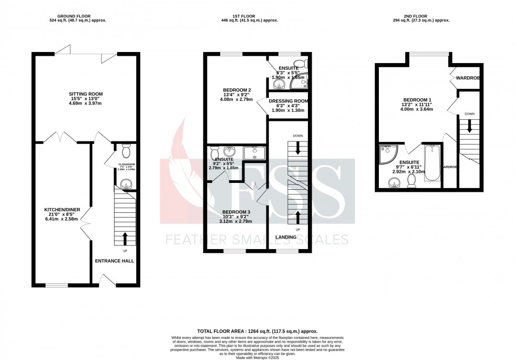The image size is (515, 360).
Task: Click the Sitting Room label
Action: click(87, 94)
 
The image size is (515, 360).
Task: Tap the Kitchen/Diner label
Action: click(62, 210)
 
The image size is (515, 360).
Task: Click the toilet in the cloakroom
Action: click(125, 151)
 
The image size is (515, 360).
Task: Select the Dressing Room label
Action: click(288, 101)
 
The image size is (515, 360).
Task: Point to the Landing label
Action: click(286, 237)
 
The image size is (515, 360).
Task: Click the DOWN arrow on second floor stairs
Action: click(470, 126)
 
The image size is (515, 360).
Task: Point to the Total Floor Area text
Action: click(257, 332)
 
